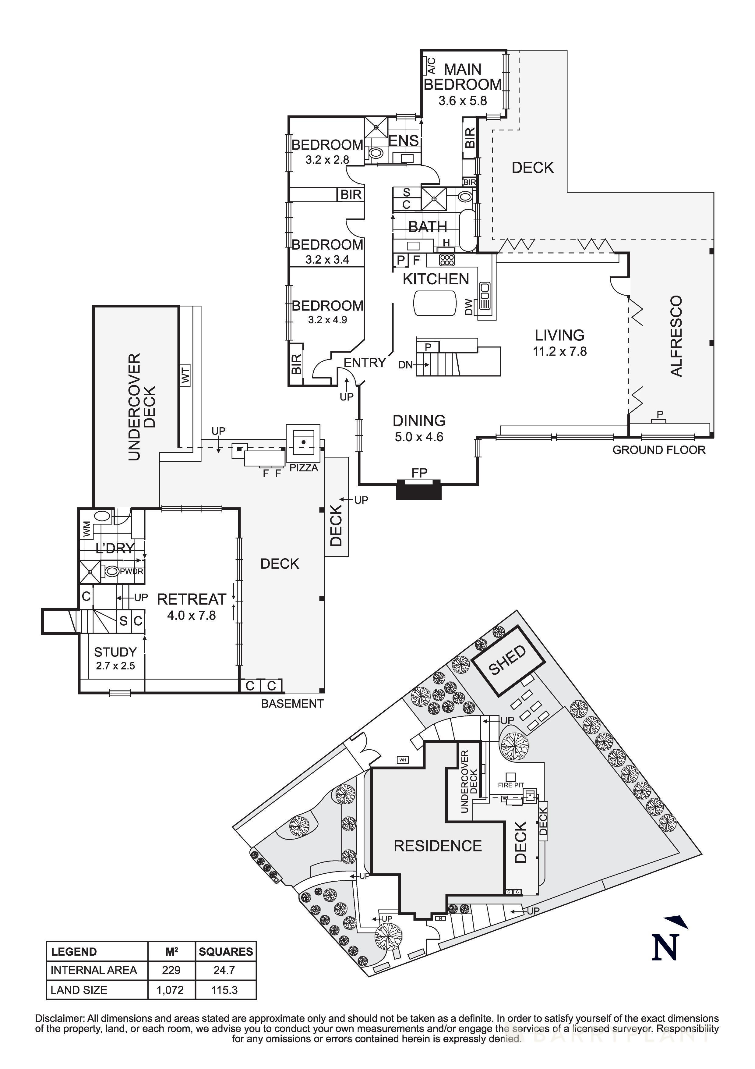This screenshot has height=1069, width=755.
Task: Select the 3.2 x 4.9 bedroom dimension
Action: (x=327, y=320)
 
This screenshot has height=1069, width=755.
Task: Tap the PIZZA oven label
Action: (x=304, y=468)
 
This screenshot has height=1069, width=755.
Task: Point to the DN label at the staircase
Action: (x=405, y=365)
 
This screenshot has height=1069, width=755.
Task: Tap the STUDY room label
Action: (x=115, y=652)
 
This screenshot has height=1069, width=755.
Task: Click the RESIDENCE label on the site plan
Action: (x=438, y=846)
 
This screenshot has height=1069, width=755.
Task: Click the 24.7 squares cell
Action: (x=225, y=970)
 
